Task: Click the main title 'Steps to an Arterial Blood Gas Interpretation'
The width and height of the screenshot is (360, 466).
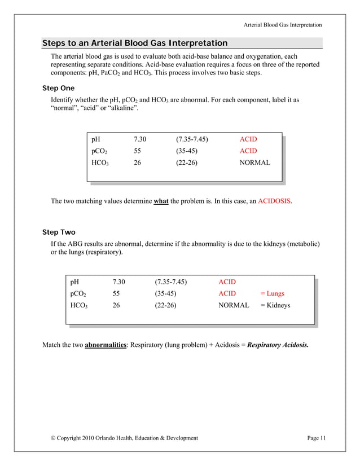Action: pyautogui.click(x=135, y=43)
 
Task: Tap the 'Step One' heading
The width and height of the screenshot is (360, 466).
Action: pyautogui.click(x=59, y=89)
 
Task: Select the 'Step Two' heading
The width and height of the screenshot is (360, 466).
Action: pyautogui.click(x=59, y=232)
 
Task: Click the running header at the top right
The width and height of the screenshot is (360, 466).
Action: pyautogui.click(x=283, y=25)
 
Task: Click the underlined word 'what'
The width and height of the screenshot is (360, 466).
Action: pyautogui.click(x=161, y=201)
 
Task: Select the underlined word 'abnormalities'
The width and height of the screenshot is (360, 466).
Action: pyautogui.click(x=106, y=345)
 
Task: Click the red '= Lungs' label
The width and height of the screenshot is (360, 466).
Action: pyautogui.click(x=272, y=293)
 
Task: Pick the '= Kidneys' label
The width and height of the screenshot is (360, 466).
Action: pyautogui.click(x=275, y=305)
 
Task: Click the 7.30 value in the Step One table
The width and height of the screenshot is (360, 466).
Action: pyautogui.click(x=140, y=139)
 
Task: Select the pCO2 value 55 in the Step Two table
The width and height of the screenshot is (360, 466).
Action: pyautogui.click(x=117, y=293)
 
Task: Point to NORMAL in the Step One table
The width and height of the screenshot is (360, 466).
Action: pyautogui.click(x=254, y=162)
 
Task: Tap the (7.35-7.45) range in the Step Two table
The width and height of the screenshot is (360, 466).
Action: pyautogui.click(x=171, y=282)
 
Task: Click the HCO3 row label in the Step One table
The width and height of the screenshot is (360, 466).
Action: pyautogui.click(x=100, y=163)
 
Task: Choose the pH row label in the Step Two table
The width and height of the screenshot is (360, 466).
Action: pyautogui.click(x=74, y=282)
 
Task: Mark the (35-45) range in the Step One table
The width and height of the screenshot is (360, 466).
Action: pyautogui.click(x=186, y=151)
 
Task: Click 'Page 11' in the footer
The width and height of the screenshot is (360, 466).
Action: pyautogui.click(x=317, y=438)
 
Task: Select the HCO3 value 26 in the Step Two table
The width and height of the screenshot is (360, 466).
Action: pyautogui.click(x=117, y=305)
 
